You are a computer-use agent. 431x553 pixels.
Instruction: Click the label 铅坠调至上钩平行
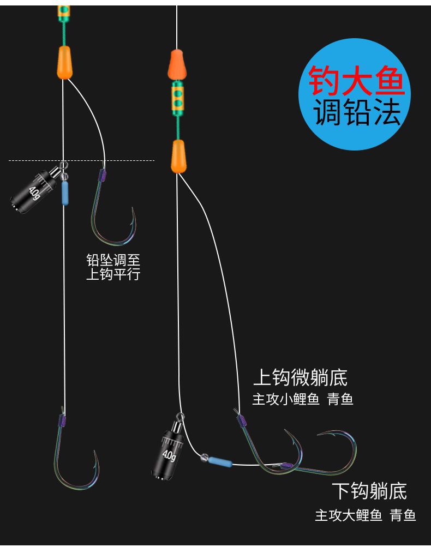pyautogui.click(x=113, y=267)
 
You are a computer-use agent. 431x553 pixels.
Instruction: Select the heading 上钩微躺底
pyautogui.click(x=300, y=377)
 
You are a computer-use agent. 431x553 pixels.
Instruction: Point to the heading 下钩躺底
pyautogui.click(x=369, y=491)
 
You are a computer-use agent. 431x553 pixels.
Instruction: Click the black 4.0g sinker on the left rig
pyautogui.click(x=34, y=189)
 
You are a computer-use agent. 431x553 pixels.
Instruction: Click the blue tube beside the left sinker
pyautogui.click(x=65, y=193)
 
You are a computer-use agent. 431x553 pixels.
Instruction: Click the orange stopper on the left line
pyautogui.click(x=64, y=62)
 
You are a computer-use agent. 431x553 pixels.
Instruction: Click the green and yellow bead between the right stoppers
pyautogui.click(x=177, y=98)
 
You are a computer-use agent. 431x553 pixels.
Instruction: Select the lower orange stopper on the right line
pyautogui.click(x=178, y=155)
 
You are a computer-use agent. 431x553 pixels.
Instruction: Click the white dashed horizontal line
pyautogui.click(x=82, y=160)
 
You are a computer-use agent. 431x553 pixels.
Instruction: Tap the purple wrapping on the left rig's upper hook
pyautogui.click(x=101, y=176)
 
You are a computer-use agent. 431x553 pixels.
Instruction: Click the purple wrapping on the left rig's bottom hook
pyautogui.click(x=62, y=420)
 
